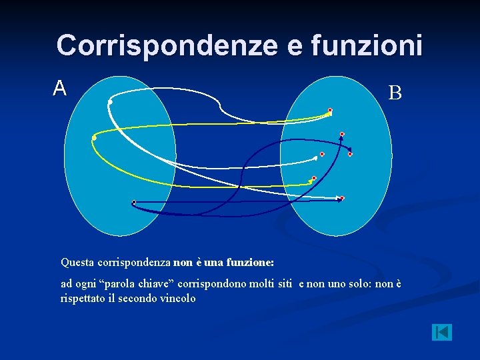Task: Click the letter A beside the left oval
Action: [60, 88]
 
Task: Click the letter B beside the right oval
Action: [395, 93]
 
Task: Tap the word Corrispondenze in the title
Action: [167, 45]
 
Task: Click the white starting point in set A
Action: [110, 103]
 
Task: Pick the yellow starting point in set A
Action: [94, 137]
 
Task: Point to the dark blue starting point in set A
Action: [133, 202]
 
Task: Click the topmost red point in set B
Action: [329, 110]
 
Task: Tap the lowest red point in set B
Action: [341, 198]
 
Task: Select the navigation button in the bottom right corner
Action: [441, 332]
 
